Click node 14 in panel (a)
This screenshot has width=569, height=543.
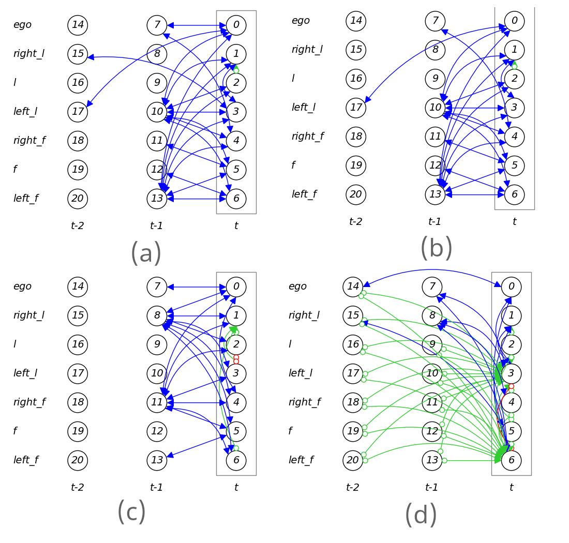78,25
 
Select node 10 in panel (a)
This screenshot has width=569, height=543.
157,112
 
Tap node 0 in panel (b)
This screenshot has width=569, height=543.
514,21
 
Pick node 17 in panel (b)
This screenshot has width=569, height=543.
356,108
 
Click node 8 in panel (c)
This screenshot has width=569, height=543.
157,315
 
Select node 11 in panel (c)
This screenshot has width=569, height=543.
157,402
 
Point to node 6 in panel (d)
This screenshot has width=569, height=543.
511,460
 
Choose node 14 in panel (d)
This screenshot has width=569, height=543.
353,286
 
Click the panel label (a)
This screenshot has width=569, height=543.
146,253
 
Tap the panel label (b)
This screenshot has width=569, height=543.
436,248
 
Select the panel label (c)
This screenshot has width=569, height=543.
131,512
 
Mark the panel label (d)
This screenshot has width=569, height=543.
421,515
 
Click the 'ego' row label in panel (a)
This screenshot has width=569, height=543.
22,25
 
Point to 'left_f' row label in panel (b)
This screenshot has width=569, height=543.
304,194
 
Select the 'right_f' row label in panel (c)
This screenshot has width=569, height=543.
29,402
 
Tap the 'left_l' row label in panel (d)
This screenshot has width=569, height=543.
301,373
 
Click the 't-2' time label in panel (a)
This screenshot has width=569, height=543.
77,226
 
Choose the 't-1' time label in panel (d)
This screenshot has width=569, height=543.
431,488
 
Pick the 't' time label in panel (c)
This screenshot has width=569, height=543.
236,488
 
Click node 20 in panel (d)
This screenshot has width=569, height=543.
353,460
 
